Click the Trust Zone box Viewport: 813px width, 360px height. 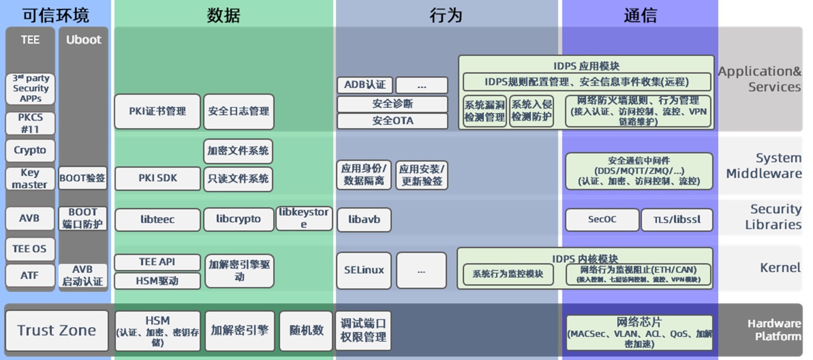[57, 330]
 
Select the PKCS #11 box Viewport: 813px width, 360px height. [30, 123]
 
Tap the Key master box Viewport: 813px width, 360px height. [30, 178]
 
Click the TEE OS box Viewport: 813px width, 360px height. [30, 249]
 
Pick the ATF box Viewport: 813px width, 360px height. [30, 275]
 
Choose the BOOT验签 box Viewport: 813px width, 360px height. [83, 178]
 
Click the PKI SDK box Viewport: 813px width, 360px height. [158, 178]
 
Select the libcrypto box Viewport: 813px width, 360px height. [238, 219]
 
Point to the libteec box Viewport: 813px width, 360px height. [158, 219]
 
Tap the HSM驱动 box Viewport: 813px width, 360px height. [158, 281]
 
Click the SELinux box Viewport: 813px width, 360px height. [364, 270]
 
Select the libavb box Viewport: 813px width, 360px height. [364, 219]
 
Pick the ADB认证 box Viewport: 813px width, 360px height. [365, 85]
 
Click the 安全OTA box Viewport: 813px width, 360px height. [393, 121]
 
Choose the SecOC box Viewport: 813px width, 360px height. [602, 219]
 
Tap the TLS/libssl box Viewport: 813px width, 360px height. [677, 219]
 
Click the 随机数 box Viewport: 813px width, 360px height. [306, 330]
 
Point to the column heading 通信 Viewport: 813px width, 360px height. [640, 16]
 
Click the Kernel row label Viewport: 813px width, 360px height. [780, 268]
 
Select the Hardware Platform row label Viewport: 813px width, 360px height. [774, 330]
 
